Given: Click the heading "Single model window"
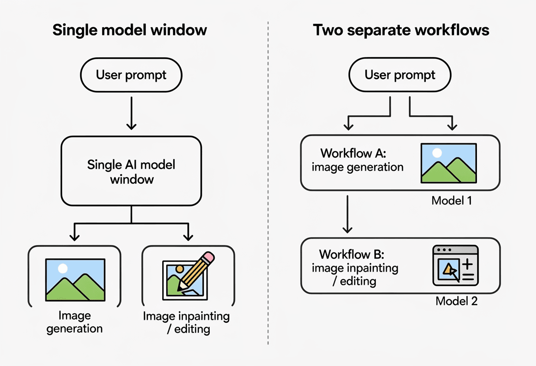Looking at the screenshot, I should pos(130,30).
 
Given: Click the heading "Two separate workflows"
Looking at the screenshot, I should pos(401,30).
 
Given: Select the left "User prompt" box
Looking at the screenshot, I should pos(131,75).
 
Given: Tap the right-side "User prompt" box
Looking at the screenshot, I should pos(400,75).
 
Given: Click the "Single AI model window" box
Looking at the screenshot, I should pos(131,171).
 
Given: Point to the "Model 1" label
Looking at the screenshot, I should pos(452,201).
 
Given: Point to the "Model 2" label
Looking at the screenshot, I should pos(456,301).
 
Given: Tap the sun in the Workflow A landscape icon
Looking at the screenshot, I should pos(437,153).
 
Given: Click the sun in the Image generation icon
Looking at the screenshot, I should pos(63,268).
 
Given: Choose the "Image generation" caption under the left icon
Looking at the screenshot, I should pos(74,322).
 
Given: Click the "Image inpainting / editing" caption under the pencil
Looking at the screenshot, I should pos(186,322).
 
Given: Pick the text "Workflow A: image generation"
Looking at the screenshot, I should pos(357,160).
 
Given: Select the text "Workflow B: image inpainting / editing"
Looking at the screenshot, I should pos(355,267).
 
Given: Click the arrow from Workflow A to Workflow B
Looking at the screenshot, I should pos(348,214).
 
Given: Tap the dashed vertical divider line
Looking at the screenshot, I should pos(268,185).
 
